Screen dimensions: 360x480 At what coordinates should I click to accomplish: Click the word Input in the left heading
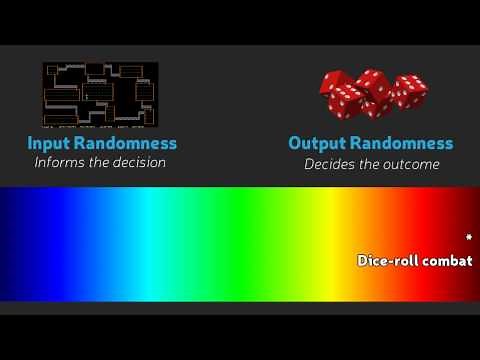coord(49,143)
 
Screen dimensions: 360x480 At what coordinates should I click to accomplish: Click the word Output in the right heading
coord(317,143)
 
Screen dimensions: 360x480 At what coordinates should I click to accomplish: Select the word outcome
coord(410,164)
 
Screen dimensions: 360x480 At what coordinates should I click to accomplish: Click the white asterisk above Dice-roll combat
coord(468,238)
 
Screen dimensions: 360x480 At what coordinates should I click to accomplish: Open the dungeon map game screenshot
coord(100,96)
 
